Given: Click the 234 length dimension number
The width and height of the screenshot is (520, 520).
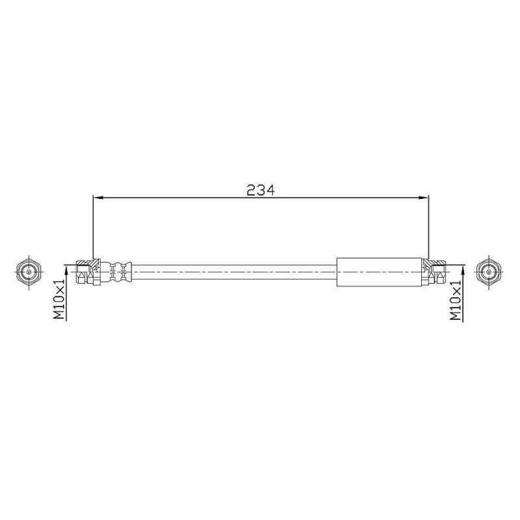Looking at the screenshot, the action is (261, 190).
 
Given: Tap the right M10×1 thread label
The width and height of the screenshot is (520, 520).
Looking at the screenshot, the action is (456, 300).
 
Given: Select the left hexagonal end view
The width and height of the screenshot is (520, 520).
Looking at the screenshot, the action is (29, 272).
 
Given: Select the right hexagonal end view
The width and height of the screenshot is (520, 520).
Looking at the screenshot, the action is (489, 271).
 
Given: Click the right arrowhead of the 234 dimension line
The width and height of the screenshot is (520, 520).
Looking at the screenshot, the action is (424, 198).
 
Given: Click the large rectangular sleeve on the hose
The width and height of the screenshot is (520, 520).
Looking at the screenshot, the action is (380, 272).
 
